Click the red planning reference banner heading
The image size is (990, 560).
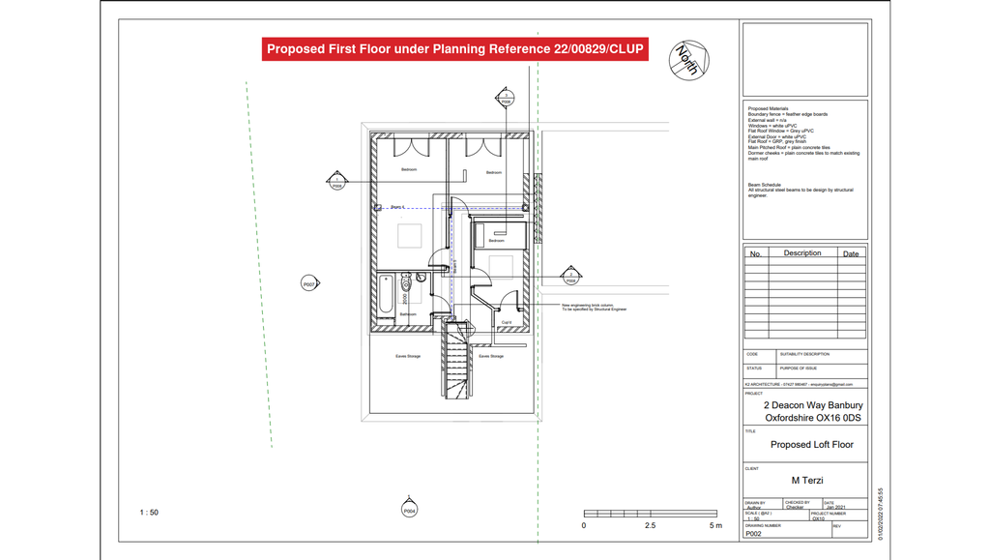click(454, 49)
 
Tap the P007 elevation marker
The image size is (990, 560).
click(309, 284)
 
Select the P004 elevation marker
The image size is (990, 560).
click(409, 510)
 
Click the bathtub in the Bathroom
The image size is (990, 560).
click(386, 294)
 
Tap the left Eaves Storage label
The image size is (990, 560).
click(408, 356)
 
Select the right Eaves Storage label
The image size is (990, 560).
click(490, 356)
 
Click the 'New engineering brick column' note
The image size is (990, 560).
click(594, 307)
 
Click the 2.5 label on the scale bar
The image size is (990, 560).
click(650, 526)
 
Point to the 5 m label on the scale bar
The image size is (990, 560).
click(715, 526)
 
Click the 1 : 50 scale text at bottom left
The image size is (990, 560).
click(149, 513)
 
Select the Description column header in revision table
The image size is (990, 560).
click(801, 253)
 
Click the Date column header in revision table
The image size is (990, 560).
click(851, 254)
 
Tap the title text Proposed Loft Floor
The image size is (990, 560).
click(811, 445)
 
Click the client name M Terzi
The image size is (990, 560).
click(807, 480)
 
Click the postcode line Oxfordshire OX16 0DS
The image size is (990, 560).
click(812, 418)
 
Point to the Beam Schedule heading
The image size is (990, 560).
click(764, 184)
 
